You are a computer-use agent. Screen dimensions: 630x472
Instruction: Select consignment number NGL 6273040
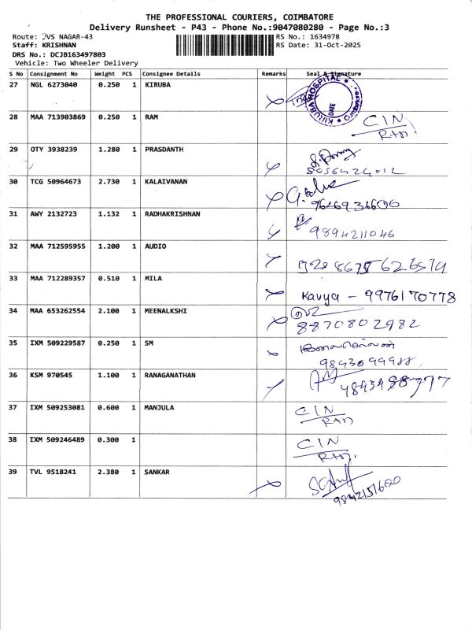[x=54, y=83]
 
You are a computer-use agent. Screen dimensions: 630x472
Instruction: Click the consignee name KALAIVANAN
[x=167, y=181]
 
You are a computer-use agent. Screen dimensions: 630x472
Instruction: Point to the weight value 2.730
[x=108, y=181]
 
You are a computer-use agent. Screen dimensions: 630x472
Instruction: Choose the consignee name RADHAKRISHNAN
[x=173, y=213]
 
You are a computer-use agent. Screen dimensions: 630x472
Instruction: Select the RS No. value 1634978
[x=326, y=37]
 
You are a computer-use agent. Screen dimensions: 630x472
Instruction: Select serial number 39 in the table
[x=13, y=472]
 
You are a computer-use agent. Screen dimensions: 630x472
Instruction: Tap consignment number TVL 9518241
[x=54, y=472]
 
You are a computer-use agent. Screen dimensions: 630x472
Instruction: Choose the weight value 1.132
[x=108, y=213]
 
